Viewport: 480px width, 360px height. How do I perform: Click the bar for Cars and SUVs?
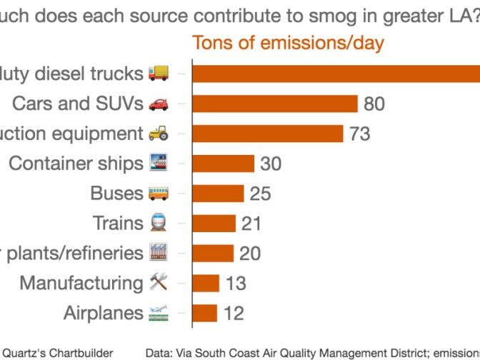(275, 104)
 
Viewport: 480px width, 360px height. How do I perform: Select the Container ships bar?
(224, 164)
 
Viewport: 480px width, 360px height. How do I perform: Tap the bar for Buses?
(219, 194)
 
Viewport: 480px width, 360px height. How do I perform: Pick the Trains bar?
(214, 224)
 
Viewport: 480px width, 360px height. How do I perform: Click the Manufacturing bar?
(206, 283)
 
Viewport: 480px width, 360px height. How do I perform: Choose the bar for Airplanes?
(205, 313)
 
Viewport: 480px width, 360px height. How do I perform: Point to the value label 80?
(374, 104)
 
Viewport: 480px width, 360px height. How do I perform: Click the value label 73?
(360, 134)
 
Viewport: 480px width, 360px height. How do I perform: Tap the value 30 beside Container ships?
(271, 164)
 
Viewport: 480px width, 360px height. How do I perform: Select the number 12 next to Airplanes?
(233, 313)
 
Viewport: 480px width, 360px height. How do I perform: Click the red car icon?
(159, 104)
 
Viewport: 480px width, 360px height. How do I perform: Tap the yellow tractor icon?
(159, 133)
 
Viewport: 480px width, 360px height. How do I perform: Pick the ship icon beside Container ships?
(159, 163)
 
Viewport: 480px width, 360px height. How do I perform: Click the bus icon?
(159, 193)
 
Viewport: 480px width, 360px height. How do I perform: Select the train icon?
(159, 223)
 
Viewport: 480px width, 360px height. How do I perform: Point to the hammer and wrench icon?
(159, 282)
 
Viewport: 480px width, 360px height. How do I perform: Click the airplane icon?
(159, 312)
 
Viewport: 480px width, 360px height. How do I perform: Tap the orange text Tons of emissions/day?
(288, 43)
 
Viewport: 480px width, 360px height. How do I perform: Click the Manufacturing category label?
(81, 283)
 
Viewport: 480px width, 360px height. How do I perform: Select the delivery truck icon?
(159, 73)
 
